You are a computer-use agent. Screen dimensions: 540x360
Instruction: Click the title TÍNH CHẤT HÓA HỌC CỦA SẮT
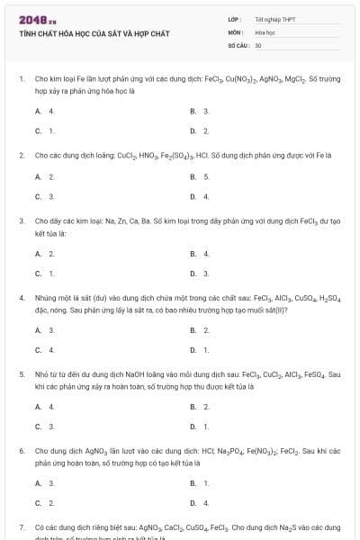[94, 33]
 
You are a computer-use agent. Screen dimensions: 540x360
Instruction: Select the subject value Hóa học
[264, 31]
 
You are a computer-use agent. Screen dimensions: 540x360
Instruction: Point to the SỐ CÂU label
[238, 44]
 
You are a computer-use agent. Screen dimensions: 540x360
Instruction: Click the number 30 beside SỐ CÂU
[258, 44]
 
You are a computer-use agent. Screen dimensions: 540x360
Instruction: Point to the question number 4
[22, 296]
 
